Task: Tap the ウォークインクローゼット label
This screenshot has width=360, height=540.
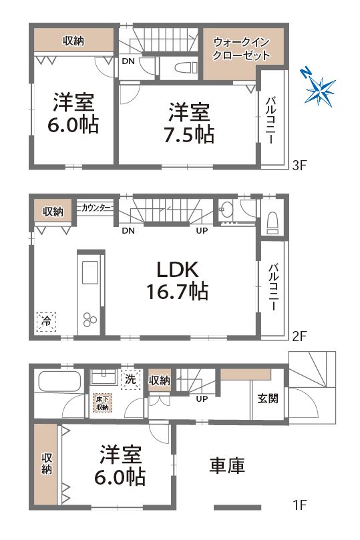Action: click(x=241, y=49)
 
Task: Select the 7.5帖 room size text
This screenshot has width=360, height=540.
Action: click(x=190, y=122)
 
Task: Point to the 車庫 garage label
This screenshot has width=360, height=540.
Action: click(x=227, y=465)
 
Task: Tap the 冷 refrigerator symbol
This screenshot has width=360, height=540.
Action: click(x=47, y=321)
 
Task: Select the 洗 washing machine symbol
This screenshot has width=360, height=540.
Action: click(x=131, y=379)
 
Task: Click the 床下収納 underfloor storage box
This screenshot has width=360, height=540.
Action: click(x=102, y=403)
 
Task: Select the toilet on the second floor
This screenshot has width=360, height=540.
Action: click(x=272, y=221)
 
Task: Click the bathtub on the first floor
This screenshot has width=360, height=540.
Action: click(x=59, y=383)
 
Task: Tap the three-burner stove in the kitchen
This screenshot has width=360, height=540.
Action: click(x=89, y=319)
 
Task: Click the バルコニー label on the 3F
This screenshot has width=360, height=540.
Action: click(x=272, y=120)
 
